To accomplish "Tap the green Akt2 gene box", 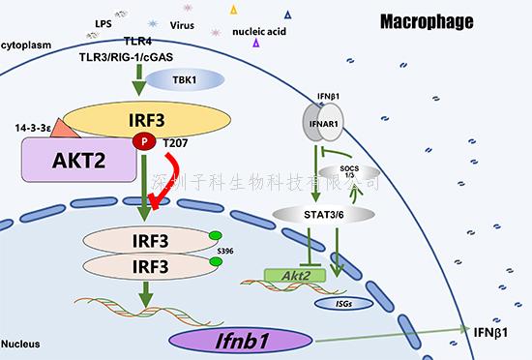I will click(289, 277).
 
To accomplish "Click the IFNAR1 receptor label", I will click(325, 122).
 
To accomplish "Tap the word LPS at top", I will click(103, 21).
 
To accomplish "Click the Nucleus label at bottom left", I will click(20, 344).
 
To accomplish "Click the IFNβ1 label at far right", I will click(490, 332).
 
